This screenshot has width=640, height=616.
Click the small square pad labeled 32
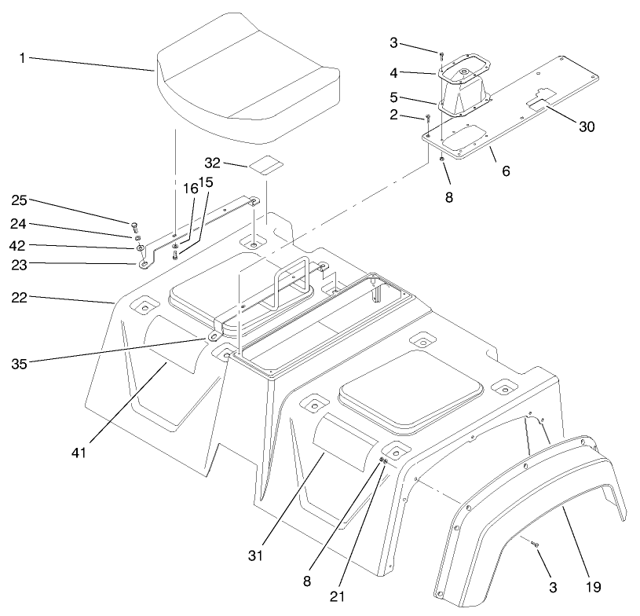265,166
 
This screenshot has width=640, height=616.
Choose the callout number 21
337,596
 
